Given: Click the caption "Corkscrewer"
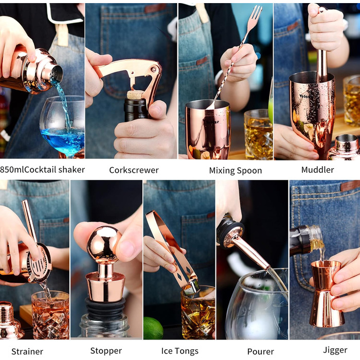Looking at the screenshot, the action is (x=134, y=170).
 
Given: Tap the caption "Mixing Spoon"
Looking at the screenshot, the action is (x=236, y=171).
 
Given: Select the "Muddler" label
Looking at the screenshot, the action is (x=317, y=170).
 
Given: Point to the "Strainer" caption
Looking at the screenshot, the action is (x=27, y=351).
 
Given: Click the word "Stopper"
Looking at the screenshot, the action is (x=106, y=351).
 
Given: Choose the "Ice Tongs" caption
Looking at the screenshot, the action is (x=180, y=351).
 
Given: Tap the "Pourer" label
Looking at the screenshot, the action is (x=261, y=351).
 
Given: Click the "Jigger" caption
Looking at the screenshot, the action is (x=335, y=351).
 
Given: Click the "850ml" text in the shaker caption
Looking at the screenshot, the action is (x=12, y=170).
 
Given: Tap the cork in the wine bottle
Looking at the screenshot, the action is (x=135, y=95).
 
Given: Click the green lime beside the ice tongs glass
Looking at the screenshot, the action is (x=153, y=328).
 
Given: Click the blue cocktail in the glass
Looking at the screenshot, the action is (x=62, y=140).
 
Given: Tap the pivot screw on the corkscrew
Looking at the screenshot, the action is (x=153, y=69).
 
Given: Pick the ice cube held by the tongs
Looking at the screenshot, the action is (x=191, y=287).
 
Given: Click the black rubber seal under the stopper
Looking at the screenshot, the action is (x=105, y=308).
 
